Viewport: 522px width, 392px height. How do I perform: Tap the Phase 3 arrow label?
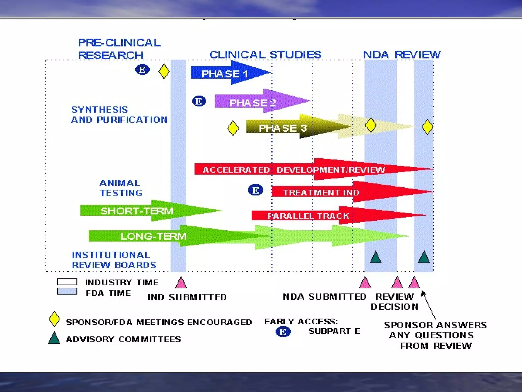tap(283, 128)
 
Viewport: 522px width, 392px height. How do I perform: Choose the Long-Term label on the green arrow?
tap(153, 236)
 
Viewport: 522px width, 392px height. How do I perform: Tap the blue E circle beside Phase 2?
tap(199, 101)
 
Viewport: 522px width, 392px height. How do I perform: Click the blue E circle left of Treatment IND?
tap(255, 190)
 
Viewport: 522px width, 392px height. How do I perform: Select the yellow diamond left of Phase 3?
tap(233, 128)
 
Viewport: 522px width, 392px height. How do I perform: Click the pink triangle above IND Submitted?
tap(181, 283)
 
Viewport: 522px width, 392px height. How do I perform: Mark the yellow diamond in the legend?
tap(54, 319)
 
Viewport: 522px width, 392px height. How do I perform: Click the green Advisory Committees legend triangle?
tap(54, 338)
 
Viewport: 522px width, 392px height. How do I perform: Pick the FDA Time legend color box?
tap(67, 291)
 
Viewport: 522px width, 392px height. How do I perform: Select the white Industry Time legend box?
tap(67, 282)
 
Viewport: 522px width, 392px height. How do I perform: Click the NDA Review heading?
tap(402, 55)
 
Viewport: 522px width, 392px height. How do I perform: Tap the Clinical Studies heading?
tap(265, 55)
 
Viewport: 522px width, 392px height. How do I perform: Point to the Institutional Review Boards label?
tap(114, 260)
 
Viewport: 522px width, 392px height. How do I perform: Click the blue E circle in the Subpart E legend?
tap(283, 332)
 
